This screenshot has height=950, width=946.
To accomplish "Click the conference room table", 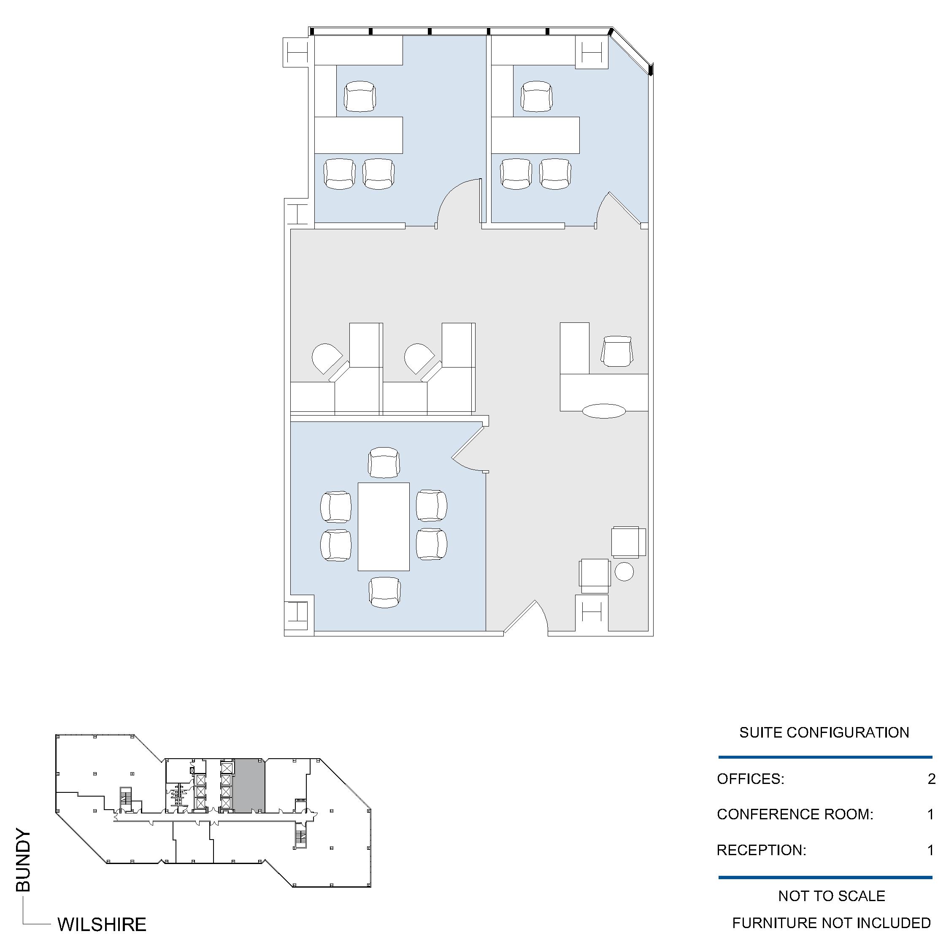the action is (384, 527).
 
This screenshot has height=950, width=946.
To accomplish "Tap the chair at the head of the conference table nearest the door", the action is (384, 462).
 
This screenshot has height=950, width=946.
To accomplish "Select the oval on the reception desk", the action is (604, 411).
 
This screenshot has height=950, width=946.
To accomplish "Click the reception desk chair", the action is (617, 351).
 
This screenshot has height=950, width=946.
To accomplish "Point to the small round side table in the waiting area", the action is (624, 572).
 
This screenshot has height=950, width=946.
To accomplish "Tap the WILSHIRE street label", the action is (102, 925).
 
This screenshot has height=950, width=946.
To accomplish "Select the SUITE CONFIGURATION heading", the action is (824, 733).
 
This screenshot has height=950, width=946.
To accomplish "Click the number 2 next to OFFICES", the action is (931, 779).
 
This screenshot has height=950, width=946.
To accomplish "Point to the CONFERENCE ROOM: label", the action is (795, 814).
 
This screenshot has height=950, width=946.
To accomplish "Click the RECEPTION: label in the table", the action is (762, 850).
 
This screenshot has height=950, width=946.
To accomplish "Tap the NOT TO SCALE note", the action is (832, 896).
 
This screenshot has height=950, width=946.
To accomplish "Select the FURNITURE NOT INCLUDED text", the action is (831, 923).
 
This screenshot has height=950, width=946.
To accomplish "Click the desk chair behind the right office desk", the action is (536, 97).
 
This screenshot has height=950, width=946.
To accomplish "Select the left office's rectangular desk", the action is (359, 135).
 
